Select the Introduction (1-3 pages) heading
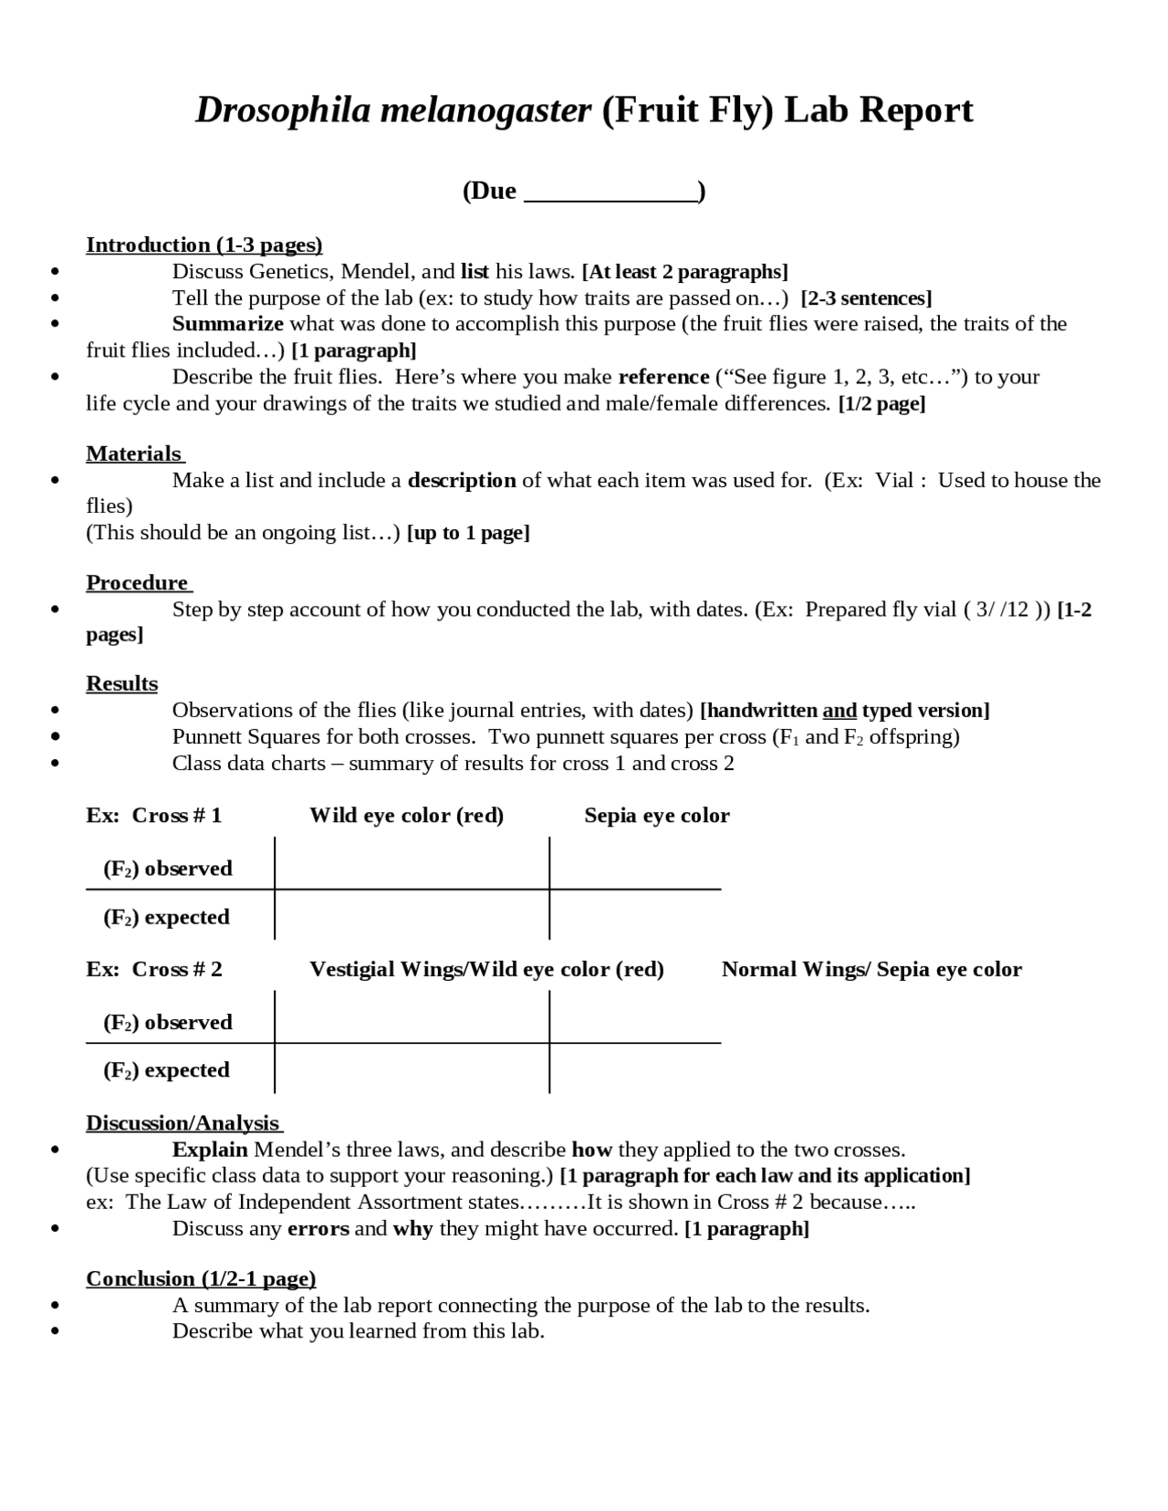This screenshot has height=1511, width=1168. click(203, 245)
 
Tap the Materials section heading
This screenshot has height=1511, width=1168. click(134, 453)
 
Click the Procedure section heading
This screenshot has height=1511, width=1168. click(137, 582)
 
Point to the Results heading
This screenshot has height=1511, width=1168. click(121, 683)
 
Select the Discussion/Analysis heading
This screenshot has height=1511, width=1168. click(182, 1122)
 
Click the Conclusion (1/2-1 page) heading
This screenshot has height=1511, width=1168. click(201, 1278)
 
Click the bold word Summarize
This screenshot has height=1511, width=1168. click(227, 324)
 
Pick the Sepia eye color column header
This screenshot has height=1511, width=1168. click(656, 816)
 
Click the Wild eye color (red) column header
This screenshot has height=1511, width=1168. click(406, 816)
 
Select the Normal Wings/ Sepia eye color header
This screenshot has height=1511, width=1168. click(871, 969)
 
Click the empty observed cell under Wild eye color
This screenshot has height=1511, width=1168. click(411, 863)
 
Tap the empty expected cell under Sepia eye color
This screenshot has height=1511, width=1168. click(634, 915)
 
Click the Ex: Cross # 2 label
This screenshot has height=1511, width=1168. click(153, 969)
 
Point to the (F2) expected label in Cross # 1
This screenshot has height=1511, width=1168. click(166, 917)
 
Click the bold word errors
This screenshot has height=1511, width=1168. click(318, 1228)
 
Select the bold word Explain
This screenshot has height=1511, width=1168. click(210, 1149)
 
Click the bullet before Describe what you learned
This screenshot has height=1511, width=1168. click(57, 1331)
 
